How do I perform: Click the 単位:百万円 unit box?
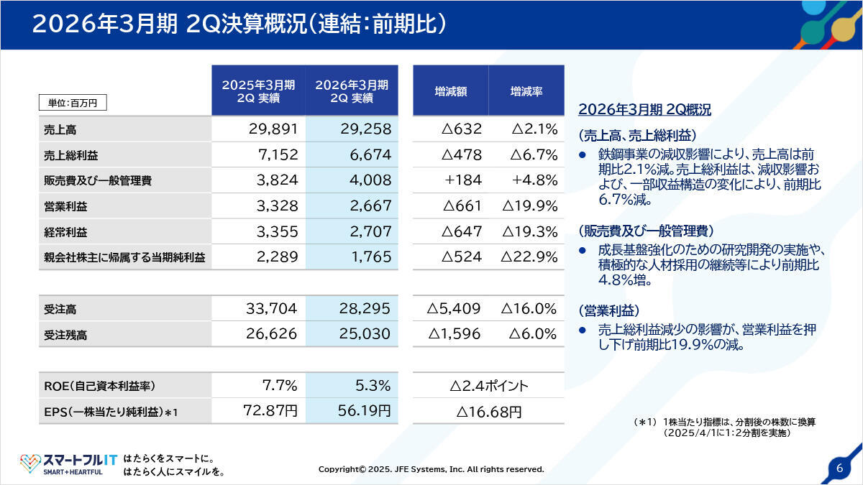(x=73, y=103)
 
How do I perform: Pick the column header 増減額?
(x=451, y=91)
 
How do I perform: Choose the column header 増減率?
(x=526, y=91)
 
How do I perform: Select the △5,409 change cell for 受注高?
(x=454, y=309)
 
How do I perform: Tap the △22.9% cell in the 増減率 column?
(x=529, y=257)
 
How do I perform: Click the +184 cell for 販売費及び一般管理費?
(x=463, y=180)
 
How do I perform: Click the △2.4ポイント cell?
(x=488, y=386)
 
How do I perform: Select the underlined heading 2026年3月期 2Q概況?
(x=644, y=110)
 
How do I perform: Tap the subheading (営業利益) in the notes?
(x=608, y=310)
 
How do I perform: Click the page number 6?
(x=839, y=468)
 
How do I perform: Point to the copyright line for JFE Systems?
(x=431, y=469)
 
